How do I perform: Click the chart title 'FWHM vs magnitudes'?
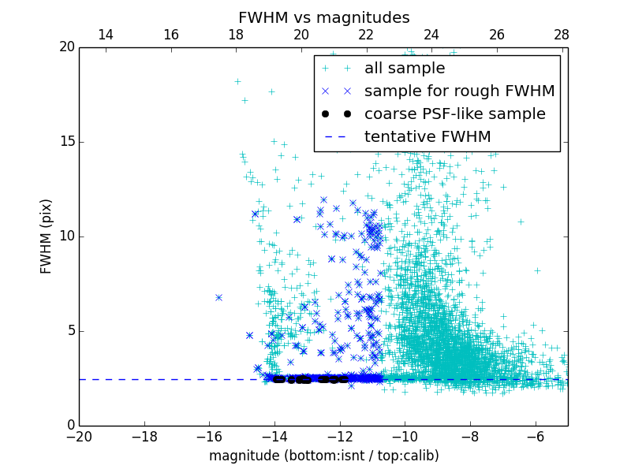pos(323,17)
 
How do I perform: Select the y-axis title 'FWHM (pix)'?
pos(47,236)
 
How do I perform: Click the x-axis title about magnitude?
pos(323,456)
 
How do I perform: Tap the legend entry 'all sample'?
pos(405,69)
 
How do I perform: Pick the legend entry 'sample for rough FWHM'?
pos(459,91)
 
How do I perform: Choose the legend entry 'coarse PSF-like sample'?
pos(454,114)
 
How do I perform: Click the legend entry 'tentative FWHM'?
pos(428,137)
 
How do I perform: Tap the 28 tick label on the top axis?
pos(562,35)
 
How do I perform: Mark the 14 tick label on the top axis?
pos(105,35)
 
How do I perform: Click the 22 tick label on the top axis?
pos(366,35)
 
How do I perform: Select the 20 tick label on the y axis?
pos(66,47)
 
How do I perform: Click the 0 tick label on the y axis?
pos(70,426)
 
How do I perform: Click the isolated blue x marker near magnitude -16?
pos(218,297)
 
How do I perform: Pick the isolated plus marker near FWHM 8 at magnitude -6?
pos(537,270)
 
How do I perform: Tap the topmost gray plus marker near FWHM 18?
pos(237,81)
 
